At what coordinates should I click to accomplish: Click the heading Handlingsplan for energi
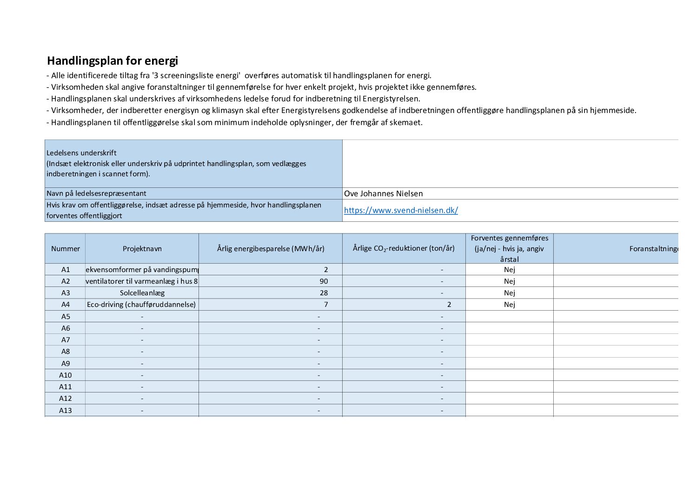click(113, 61)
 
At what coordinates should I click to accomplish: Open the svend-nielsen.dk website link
click(401, 210)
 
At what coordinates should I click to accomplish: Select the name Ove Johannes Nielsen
click(383, 193)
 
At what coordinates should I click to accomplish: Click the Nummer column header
click(66, 249)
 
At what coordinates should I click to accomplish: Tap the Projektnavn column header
click(142, 249)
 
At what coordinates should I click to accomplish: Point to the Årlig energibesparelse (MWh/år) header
click(271, 249)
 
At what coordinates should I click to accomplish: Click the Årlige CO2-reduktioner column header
click(404, 248)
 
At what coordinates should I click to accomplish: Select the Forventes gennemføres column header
click(510, 248)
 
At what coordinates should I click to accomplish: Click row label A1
click(66, 270)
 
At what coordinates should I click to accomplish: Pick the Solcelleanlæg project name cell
click(142, 293)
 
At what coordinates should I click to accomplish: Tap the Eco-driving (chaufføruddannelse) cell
click(141, 305)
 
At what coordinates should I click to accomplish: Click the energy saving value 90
click(324, 281)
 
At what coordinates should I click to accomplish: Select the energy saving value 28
click(324, 293)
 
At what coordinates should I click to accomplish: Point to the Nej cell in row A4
click(510, 305)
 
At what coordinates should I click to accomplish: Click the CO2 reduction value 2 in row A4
click(449, 305)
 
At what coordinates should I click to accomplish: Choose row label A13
click(66, 410)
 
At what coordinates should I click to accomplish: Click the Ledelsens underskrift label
click(81, 153)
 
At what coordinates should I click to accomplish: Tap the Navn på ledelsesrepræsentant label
click(96, 193)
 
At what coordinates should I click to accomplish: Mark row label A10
click(66, 375)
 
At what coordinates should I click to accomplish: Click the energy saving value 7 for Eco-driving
click(326, 305)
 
